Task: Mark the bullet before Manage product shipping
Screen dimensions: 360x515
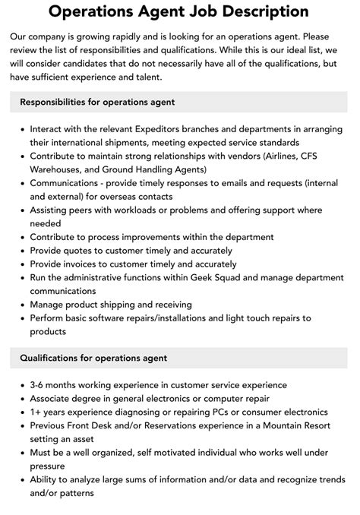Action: click(x=21, y=305)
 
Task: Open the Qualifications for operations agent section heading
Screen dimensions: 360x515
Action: click(x=93, y=358)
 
